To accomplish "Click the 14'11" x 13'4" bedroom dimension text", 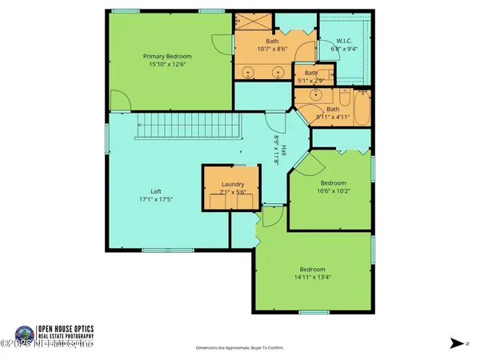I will [313, 278].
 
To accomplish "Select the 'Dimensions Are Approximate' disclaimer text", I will [239, 348].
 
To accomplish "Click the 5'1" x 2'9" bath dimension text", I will [305, 81].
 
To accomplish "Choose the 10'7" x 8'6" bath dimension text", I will [273, 49].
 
